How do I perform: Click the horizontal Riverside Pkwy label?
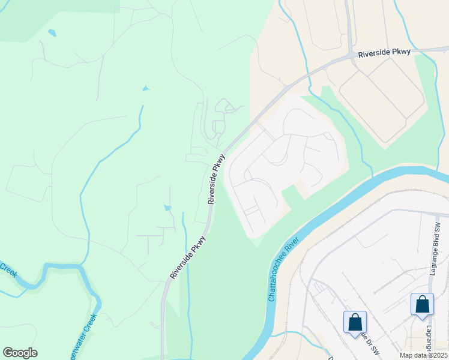tap(384, 53)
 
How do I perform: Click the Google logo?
tap(20, 353)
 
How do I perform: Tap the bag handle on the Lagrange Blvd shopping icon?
tap(422, 298)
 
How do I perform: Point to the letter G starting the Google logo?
tap(8, 353)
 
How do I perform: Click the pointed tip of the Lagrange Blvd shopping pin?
tap(422, 316)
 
